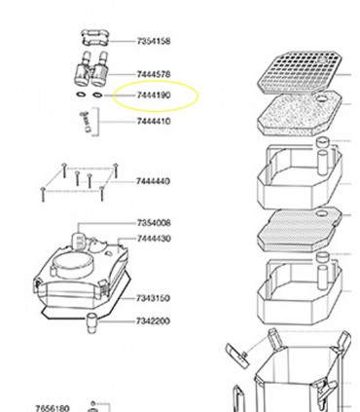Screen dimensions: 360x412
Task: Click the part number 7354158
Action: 154,41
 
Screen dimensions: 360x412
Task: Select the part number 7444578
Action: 154,74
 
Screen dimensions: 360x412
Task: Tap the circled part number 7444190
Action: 154,95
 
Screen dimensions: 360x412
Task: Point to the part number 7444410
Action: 154,121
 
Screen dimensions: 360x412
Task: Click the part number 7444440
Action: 153,181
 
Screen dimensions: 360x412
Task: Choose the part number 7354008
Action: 154,223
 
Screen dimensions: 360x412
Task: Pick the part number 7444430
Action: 154,239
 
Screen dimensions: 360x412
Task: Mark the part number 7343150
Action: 153,298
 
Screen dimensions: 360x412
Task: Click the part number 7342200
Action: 153,321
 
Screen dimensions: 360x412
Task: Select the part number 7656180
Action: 52,408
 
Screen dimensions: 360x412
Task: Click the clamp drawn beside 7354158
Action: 94,39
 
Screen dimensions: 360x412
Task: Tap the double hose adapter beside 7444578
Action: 91,69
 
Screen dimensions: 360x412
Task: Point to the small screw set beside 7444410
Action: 87,122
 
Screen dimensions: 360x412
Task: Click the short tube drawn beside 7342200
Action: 91,323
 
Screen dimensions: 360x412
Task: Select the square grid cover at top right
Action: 300,72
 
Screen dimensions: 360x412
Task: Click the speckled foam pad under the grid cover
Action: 300,114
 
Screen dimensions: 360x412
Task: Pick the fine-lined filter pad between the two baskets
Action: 300,230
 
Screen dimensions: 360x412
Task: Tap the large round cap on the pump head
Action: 71,265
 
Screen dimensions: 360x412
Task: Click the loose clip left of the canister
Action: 237,356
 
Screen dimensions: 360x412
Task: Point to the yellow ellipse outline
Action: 156,82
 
